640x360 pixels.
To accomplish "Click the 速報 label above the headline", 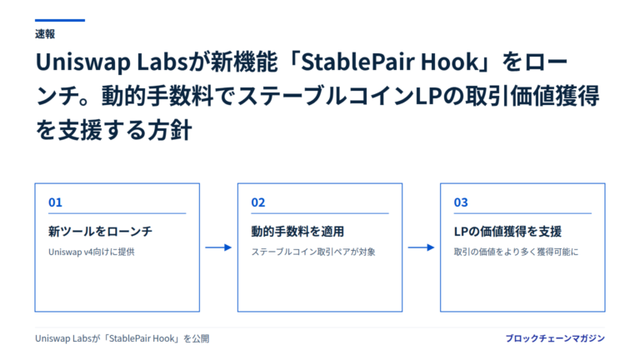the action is coord(45,34).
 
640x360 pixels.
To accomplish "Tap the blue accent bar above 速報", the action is coord(60,20).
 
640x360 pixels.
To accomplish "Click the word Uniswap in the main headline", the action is coord(83,62).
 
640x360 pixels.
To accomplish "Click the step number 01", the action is coord(55,202).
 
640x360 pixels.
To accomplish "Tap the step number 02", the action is coord(258,202).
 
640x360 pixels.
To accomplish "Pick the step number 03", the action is coord(461,202).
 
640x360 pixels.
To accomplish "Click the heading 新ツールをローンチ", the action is coord(100,232).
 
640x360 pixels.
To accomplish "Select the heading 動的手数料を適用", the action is coord(297,232).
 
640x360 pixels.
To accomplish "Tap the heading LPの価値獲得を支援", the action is coord(507,232).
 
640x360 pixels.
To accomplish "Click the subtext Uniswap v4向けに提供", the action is coord(92,252).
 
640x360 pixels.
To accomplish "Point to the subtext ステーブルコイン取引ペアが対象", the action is coord(313,252).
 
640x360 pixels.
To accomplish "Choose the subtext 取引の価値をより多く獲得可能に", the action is coord(517,252).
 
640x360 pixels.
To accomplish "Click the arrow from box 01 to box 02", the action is coord(218,247).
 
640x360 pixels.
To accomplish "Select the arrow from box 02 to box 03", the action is coord(421,247).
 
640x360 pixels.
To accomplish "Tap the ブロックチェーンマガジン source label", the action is coord(555,338).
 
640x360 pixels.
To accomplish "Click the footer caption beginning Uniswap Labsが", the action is coord(122,339).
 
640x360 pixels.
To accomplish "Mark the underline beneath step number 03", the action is coord(522,213).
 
